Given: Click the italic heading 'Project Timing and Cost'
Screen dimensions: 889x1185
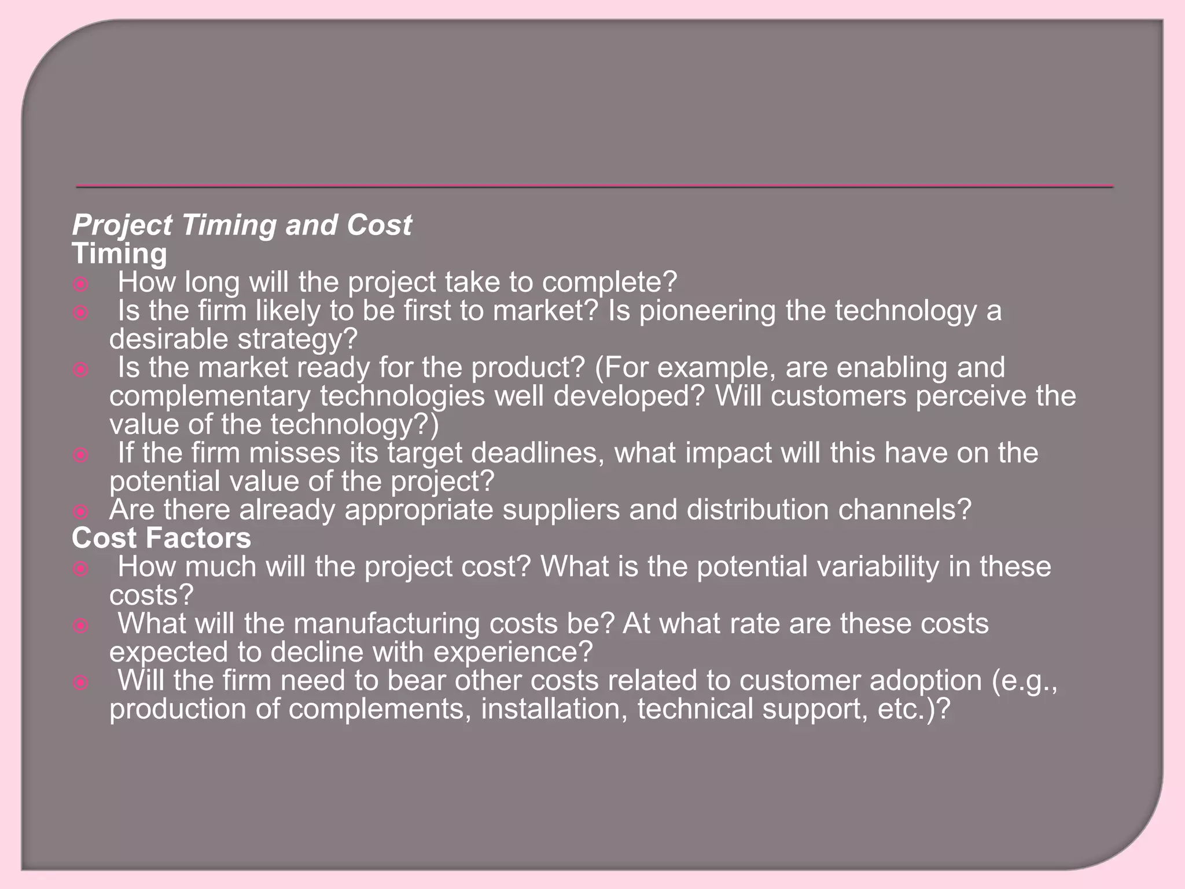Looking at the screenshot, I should point(241,225).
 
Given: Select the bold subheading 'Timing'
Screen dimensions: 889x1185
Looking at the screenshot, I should point(119,254).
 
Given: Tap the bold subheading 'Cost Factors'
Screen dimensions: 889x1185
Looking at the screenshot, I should point(161,538).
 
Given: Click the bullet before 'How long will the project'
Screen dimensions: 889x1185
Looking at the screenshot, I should point(81,284).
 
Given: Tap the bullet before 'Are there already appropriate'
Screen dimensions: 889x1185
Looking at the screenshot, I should point(81,512).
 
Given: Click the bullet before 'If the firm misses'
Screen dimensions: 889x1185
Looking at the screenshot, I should point(81,455).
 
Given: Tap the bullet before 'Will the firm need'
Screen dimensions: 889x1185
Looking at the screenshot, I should point(81,682).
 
